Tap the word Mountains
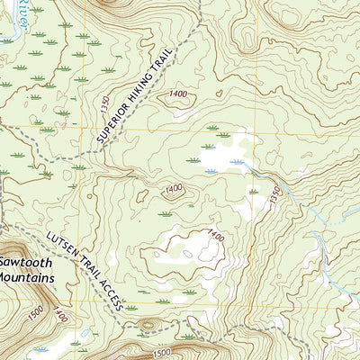point(27,278)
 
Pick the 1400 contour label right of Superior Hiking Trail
point(177,94)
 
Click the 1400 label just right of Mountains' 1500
point(59,316)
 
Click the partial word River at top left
point(13,18)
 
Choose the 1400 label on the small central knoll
point(173,188)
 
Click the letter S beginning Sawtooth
point(4,262)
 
